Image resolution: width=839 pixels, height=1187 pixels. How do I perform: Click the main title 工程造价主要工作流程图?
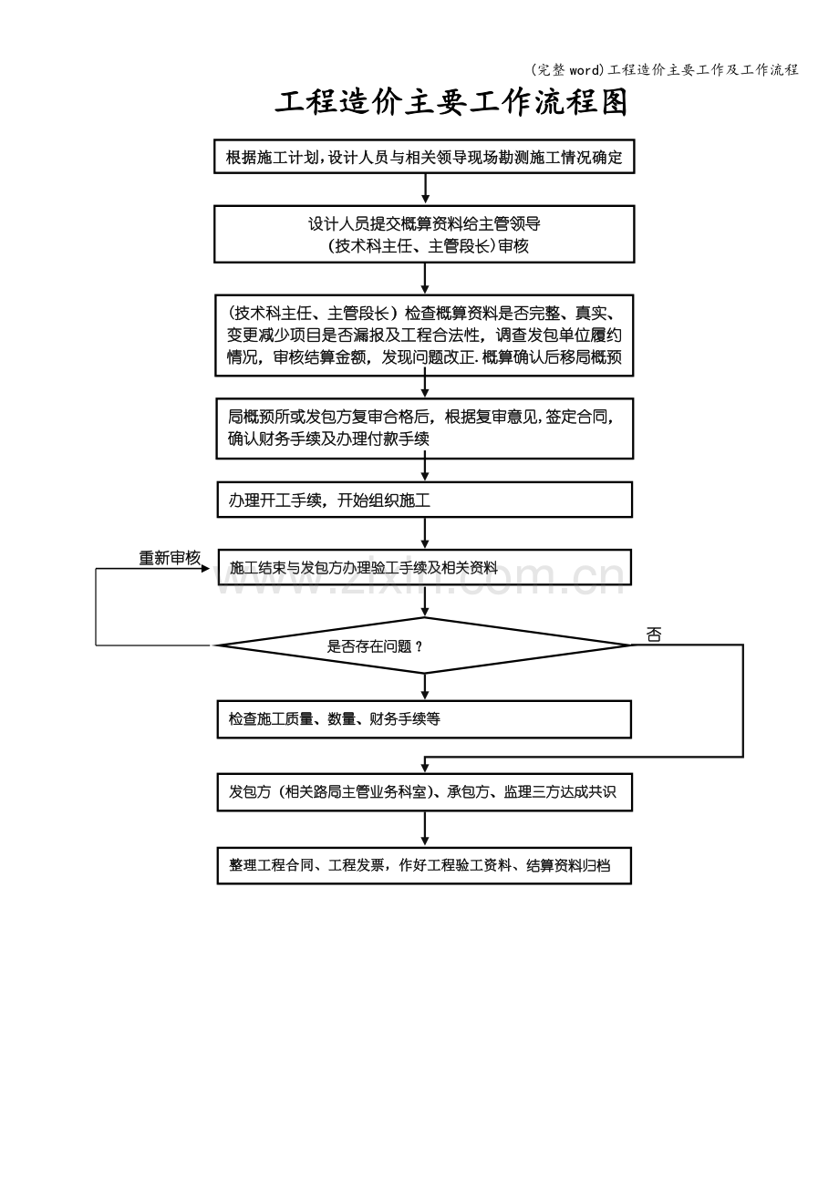[451, 102]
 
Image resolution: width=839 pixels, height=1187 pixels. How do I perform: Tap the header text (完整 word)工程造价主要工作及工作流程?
[664, 69]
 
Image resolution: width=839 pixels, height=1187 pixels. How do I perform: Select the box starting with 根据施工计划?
[424, 156]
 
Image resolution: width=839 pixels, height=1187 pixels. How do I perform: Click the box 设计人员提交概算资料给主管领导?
[424, 234]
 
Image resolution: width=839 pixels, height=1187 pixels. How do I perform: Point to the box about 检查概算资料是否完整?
[424, 335]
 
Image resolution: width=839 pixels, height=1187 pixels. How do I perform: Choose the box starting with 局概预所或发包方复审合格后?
[425, 428]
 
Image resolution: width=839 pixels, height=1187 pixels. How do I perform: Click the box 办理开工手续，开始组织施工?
[425, 500]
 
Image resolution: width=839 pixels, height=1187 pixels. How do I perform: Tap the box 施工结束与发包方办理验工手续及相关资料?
[425, 567]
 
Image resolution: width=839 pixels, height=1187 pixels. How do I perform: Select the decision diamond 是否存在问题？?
[424, 645]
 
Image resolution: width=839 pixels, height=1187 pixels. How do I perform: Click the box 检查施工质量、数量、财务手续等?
[424, 719]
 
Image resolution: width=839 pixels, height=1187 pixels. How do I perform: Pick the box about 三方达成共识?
[425, 792]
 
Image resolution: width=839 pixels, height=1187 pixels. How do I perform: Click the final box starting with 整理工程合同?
[424, 865]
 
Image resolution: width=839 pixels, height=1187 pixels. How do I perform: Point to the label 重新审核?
[170, 557]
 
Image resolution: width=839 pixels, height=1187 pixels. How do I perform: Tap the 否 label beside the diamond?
[654, 635]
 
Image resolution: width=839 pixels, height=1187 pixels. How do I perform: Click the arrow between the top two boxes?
[425, 189]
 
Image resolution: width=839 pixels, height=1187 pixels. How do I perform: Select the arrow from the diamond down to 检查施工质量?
[425, 686]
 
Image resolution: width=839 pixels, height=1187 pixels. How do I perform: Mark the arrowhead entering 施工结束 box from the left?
[213, 569]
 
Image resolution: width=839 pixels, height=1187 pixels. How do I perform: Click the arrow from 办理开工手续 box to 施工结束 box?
[425, 533]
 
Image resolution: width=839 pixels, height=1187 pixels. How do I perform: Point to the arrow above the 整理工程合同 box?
[425, 830]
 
